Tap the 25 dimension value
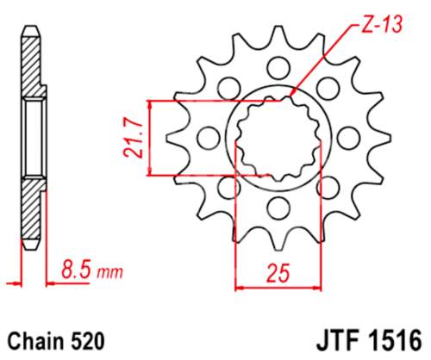pyautogui.click(x=277, y=275)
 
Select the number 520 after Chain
pyautogui.click(x=89, y=339)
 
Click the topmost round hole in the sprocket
pyautogui.click(x=277, y=67)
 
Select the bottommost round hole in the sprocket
pyautogui.click(x=277, y=206)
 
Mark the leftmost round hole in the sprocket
pyautogui.click(x=208, y=137)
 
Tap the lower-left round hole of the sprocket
pyautogui.click(x=228, y=186)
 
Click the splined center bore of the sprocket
pyautogui.click(x=277, y=137)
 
